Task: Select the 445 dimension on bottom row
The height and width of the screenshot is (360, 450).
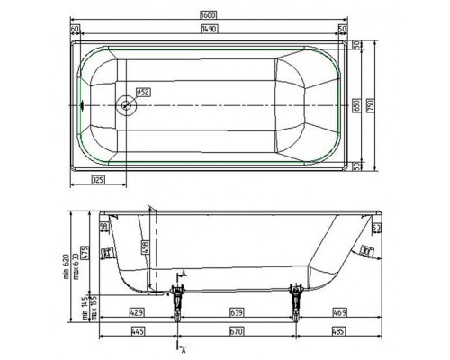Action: [x=137, y=331]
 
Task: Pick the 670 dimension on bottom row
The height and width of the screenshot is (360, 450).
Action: [x=236, y=331]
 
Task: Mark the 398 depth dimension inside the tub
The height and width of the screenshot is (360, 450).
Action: [x=145, y=244]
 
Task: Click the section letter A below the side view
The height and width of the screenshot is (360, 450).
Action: [x=184, y=347]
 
